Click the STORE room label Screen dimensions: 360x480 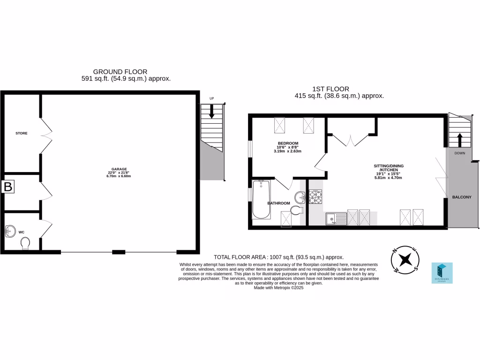coord(22,134)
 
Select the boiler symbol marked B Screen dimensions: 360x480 coord(8,187)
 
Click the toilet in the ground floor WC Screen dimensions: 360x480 coord(25,243)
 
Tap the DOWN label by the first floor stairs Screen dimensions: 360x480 coord(459,153)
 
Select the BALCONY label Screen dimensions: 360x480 coord(462,197)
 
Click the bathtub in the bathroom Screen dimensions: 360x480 coord(261,200)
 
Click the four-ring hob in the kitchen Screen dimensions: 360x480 coord(315,196)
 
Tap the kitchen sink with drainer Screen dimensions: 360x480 coord(336,218)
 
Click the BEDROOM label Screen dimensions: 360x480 coord(288,143)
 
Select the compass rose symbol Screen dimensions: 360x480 coord(405,259)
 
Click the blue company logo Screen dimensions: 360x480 coord(442,273)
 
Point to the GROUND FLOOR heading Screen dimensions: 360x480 coord(120,72)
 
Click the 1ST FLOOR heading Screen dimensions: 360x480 coord(330,89)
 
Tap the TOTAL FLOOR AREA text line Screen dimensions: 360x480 coord(279,257)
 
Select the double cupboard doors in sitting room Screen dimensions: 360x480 coord(352,139)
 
